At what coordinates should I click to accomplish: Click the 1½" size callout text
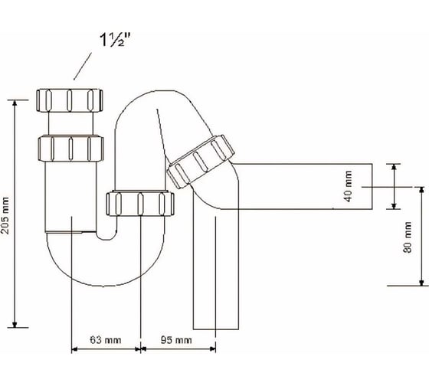[115, 41]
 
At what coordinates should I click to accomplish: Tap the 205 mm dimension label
[5, 215]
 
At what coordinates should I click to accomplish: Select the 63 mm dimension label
[106, 340]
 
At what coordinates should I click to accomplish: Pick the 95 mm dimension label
[176, 340]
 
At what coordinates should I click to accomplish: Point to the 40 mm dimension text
[348, 186]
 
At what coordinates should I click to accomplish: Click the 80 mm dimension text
[408, 237]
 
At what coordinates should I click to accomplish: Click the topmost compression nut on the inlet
[70, 100]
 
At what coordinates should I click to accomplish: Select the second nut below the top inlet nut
[70, 149]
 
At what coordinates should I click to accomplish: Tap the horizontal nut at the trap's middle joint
[140, 204]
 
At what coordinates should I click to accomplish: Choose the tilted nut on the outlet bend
[201, 161]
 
